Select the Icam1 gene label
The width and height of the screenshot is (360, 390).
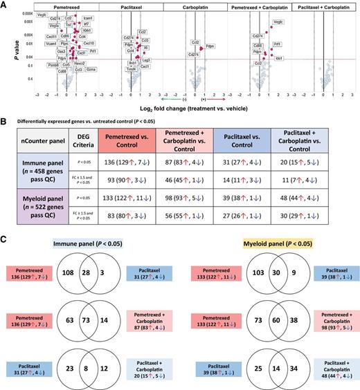(88, 17)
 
